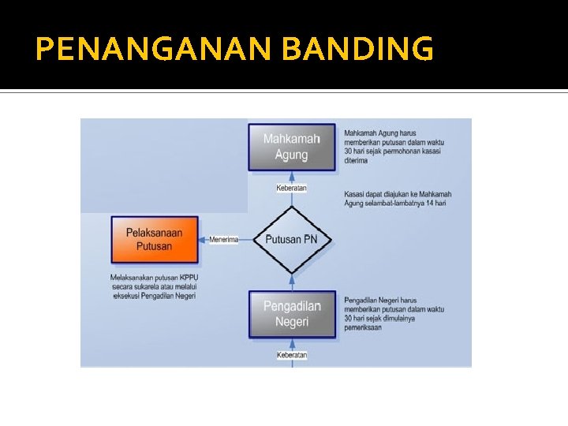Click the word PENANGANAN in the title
tap(155, 50)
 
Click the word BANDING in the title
tap(357, 50)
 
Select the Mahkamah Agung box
tap(292, 147)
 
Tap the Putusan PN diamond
tap(292, 240)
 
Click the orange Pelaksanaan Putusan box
tap(154, 240)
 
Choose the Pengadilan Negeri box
tap(292, 314)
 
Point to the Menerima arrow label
tap(224, 240)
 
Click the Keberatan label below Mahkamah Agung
tap(292, 189)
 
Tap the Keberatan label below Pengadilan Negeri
tap(292, 356)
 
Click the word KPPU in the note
tap(188, 278)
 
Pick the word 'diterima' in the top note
tap(357, 160)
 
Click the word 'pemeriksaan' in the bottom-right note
tap(363, 327)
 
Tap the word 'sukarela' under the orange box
tap(143, 286)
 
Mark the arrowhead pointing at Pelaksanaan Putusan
tap(202, 240)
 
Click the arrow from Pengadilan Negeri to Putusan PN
tap(292, 282)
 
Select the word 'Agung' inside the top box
tap(292, 155)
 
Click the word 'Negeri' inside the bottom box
tap(292, 322)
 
